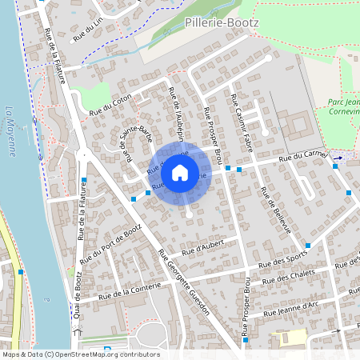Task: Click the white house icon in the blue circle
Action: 180,172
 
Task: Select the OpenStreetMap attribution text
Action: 81,354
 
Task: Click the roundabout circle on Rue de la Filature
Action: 83,156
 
